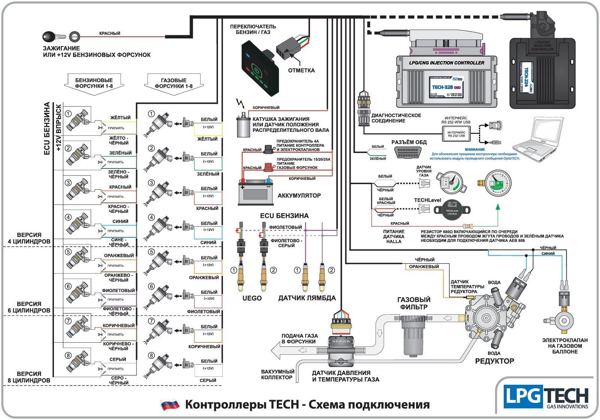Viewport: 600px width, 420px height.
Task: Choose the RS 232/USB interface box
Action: click(457, 134)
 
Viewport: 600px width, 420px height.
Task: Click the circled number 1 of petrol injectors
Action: click(68, 113)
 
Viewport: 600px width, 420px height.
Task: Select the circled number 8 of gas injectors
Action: click(151, 355)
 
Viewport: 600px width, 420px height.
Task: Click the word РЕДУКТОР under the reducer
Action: click(494, 361)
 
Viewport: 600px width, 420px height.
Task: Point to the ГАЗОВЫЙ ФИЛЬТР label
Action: click(413, 303)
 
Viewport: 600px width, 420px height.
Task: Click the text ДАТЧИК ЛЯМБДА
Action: click(307, 298)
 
